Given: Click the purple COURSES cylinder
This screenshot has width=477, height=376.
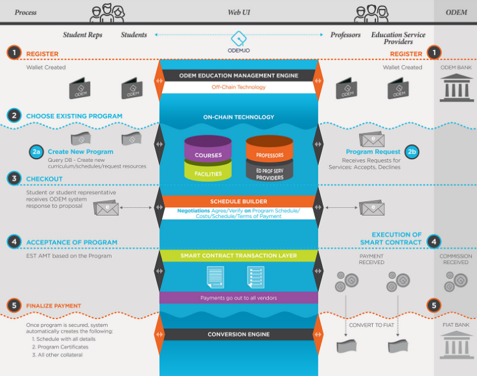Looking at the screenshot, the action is tap(208, 149).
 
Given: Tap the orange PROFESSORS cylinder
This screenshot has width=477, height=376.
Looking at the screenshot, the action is tap(270, 149).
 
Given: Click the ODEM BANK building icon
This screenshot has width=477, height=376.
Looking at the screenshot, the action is tap(456, 88).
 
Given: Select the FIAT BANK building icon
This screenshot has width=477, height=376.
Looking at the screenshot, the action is tap(456, 345).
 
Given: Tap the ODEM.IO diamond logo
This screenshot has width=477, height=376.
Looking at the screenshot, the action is tap(238, 38).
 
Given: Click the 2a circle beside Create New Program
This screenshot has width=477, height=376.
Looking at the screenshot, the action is tap(36, 152).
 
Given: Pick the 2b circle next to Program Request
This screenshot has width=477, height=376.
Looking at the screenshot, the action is tap(412, 152).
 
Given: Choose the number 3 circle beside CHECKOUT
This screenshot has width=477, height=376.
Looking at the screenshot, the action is tap(14, 179).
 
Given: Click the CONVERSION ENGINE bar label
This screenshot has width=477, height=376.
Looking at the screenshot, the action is tap(238, 335).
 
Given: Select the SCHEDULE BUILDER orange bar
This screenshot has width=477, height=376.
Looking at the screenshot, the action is tap(238, 201).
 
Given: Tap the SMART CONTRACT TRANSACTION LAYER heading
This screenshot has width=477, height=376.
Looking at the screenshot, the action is tap(238, 256).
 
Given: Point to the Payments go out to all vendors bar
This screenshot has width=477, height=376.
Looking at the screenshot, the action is tap(238, 298).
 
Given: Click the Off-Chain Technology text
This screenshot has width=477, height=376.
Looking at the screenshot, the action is tap(238, 87).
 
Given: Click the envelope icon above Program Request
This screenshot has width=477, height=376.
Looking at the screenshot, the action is tap(372, 139).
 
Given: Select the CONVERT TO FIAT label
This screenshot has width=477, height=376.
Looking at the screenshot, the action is tap(371, 326).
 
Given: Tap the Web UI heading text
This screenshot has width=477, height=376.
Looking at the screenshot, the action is tap(238, 12).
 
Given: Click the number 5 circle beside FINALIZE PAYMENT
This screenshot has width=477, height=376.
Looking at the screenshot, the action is tap(14, 305).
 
